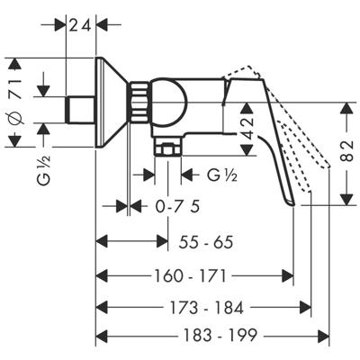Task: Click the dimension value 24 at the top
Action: click(x=82, y=24)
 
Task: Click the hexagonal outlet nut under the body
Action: click(x=167, y=146)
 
